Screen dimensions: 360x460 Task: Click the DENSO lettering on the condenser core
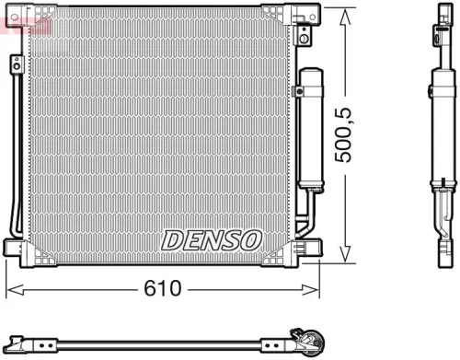click(x=212, y=239)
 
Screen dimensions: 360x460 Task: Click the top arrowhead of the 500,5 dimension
click(x=344, y=13)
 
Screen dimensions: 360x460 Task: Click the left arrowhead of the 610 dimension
click(x=11, y=288)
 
